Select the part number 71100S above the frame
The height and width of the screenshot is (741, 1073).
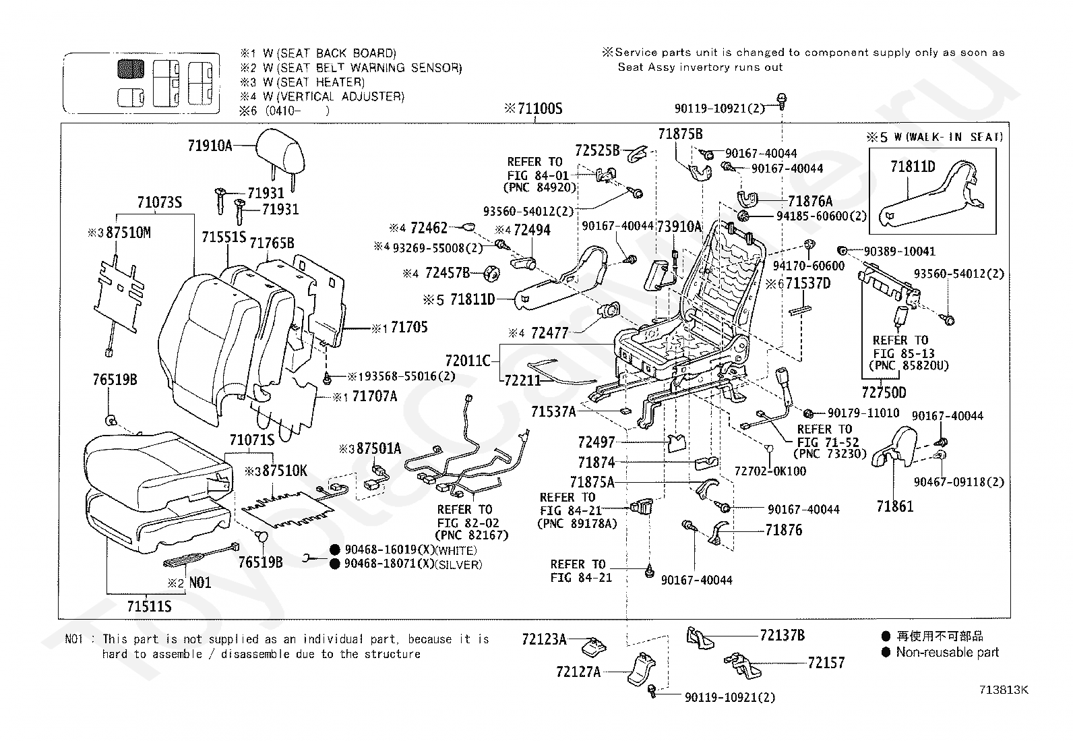click(540, 109)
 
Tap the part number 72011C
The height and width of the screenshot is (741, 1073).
click(468, 361)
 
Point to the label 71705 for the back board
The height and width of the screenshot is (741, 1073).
click(409, 328)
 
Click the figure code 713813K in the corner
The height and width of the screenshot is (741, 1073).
click(1004, 690)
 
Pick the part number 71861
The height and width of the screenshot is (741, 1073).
click(895, 506)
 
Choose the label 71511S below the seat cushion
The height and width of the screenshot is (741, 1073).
click(149, 606)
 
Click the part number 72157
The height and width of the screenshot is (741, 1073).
click(826, 663)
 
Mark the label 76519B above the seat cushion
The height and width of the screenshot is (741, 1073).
click(115, 380)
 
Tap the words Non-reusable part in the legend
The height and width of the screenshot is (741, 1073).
click(948, 652)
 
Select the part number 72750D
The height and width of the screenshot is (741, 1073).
click(884, 392)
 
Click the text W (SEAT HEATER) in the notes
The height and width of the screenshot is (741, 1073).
click(314, 82)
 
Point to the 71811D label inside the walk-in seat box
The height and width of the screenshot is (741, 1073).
click(913, 167)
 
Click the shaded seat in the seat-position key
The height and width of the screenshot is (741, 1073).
click(131, 69)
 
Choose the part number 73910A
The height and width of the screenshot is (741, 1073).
click(679, 227)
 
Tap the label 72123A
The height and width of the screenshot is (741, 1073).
click(544, 639)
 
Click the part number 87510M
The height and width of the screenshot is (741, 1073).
click(128, 233)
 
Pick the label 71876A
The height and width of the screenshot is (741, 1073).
click(811, 202)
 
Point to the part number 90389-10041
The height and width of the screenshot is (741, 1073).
click(900, 251)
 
